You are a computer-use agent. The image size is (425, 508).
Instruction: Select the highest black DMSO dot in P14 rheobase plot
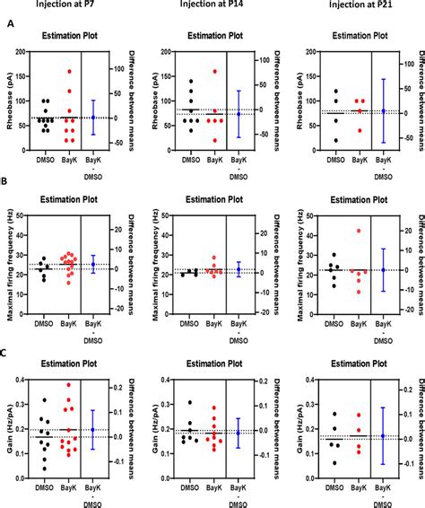click(190, 82)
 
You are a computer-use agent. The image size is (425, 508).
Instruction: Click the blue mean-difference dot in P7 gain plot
click(92, 430)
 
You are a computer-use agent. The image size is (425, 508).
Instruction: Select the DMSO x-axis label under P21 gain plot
click(335, 492)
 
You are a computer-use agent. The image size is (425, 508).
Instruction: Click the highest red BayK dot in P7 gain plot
click(69, 385)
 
